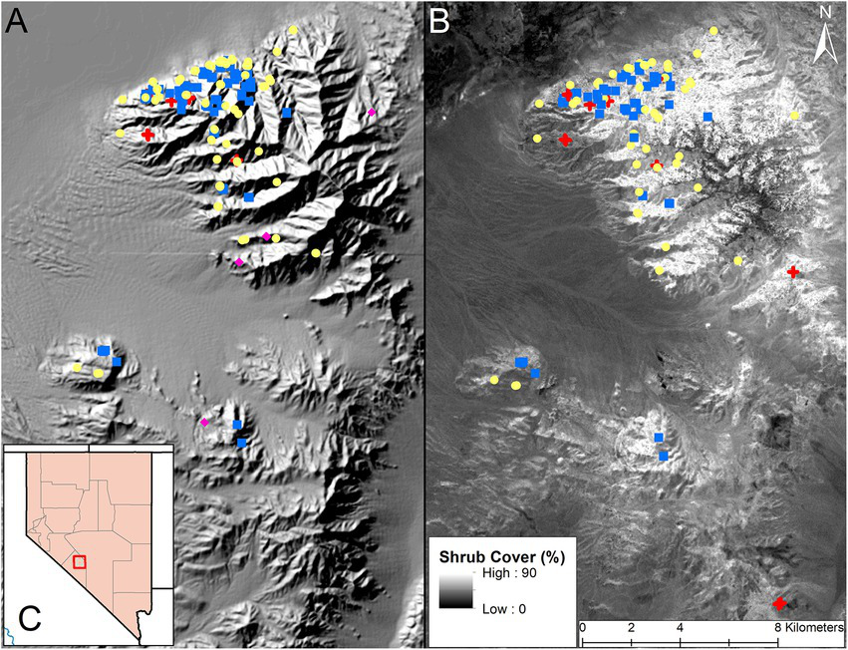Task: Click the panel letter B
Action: (x=441, y=20)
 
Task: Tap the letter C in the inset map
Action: (x=30, y=618)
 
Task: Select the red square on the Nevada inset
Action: (x=80, y=562)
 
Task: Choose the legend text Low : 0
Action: (x=514, y=606)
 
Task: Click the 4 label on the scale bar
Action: (x=680, y=629)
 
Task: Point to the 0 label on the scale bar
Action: (x=582, y=629)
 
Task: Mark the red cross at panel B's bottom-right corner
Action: (x=780, y=602)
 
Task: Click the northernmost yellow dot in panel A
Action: (x=295, y=29)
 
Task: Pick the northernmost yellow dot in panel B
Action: (x=714, y=31)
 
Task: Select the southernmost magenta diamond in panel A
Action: (x=204, y=423)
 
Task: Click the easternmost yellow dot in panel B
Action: (x=795, y=116)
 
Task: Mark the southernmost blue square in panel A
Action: (x=241, y=443)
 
